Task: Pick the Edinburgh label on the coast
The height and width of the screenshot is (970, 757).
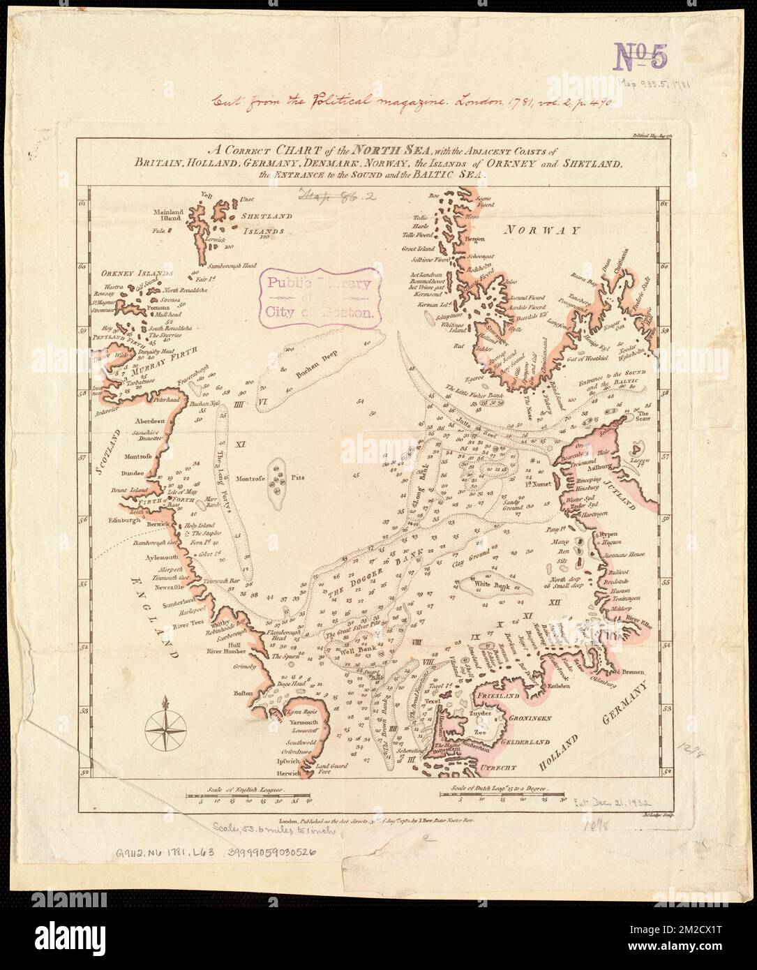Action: click(123, 520)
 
